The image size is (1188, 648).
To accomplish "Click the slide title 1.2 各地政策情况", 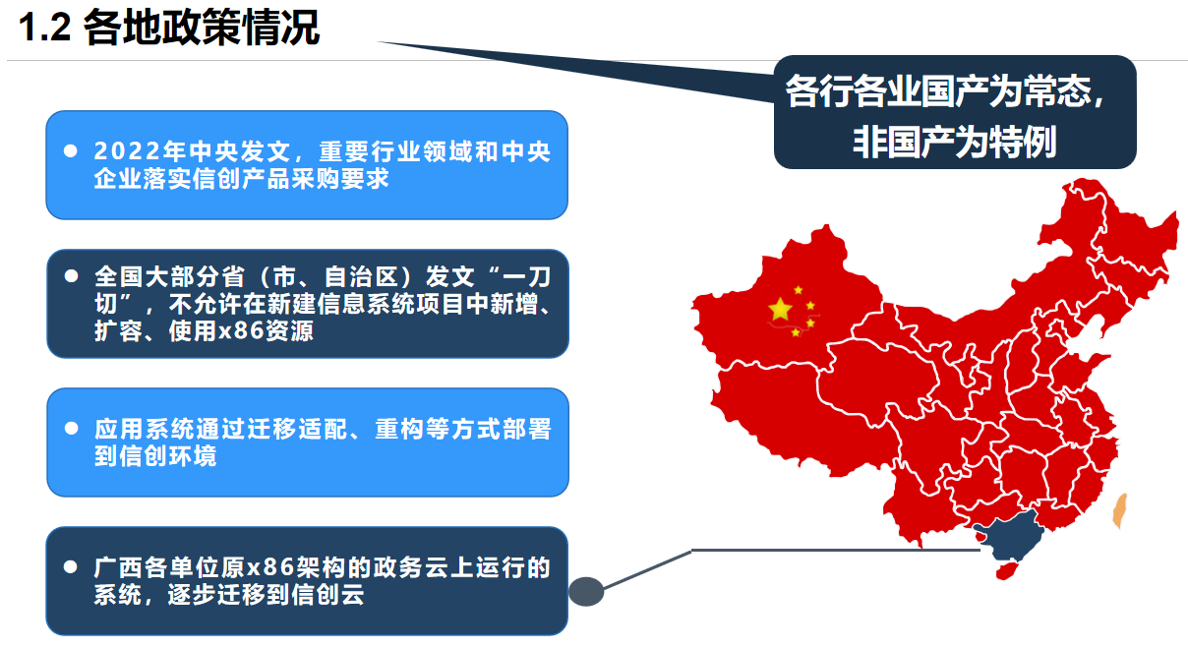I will (x=169, y=29).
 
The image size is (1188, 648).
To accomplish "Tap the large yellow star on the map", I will (x=780, y=310).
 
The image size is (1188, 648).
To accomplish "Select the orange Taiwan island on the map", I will (x=1118, y=511).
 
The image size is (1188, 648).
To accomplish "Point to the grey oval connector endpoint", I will (x=585, y=591).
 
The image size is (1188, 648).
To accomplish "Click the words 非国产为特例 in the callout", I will (x=955, y=143).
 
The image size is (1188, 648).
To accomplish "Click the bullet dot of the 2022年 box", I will (x=70, y=152).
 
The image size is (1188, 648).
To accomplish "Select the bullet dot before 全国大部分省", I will (x=71, y=276).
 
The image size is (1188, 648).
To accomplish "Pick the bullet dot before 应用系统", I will (x=71, y=429).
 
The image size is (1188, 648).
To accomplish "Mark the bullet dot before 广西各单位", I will (x=71, y=568).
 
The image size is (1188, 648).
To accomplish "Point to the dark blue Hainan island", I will (x=1004, y=569).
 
